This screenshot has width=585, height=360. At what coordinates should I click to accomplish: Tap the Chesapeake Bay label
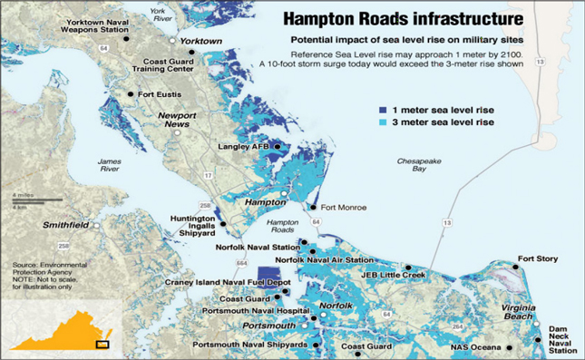419,164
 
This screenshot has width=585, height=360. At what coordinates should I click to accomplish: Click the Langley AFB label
244,147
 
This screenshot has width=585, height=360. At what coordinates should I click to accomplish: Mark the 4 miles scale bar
36,199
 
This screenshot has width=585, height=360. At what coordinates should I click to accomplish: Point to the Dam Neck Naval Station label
561,341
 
